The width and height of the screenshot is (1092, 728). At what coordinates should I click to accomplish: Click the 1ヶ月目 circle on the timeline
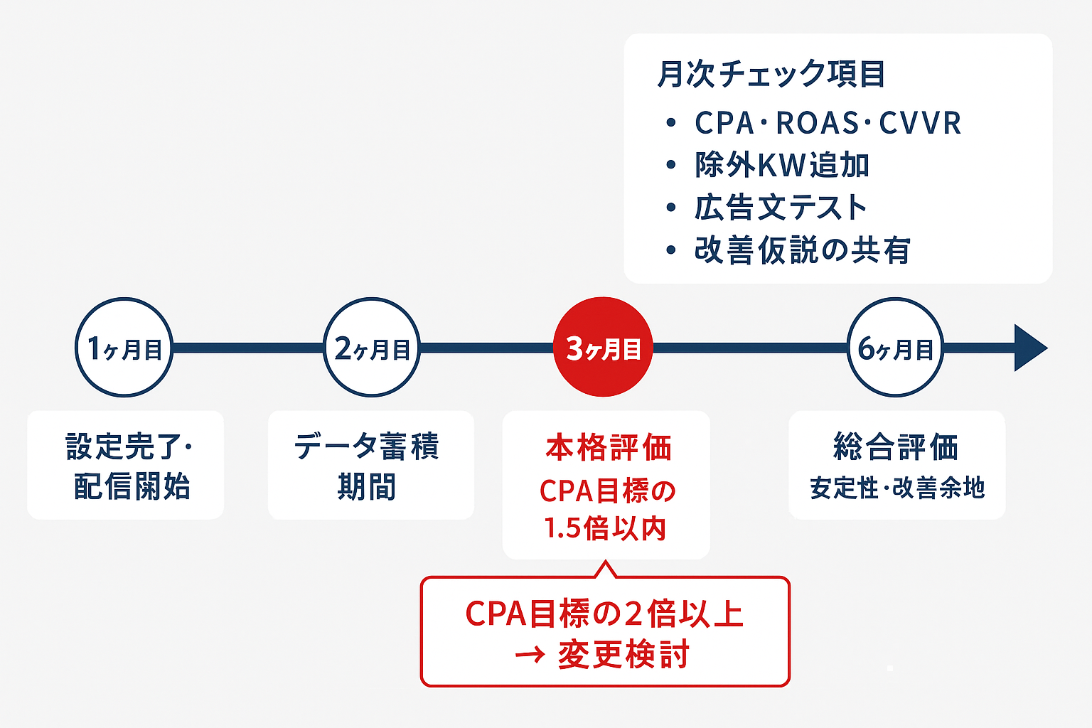pos(124,348)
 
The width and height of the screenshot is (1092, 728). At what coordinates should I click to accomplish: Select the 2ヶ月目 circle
pos(372,348)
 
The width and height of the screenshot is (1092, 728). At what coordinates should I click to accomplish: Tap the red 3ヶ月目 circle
pos(603,348)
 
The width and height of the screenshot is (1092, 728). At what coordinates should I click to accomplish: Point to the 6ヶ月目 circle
pos(896,348)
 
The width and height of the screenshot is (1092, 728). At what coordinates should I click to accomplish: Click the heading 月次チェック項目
pos(771,75)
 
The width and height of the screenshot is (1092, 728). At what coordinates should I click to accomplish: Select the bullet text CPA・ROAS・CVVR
pos(828,123)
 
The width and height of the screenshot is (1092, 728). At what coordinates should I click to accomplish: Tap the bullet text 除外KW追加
pos(782,165)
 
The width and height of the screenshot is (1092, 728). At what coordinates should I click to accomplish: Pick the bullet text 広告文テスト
pos(781,208)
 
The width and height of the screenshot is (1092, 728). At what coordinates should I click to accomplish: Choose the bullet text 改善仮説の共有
pos(802,250)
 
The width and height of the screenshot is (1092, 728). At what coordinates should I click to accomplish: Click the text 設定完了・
pos(129,446)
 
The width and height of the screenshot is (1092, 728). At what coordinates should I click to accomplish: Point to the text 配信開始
pos(132,487)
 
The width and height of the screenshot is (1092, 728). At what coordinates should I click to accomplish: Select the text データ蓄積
pos(367,446)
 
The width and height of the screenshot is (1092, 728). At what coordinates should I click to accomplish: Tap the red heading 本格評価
pos(609,448)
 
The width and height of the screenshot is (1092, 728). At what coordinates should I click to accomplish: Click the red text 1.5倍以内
pos(605,528)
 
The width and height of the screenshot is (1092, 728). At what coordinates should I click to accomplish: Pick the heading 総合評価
pos(896,447)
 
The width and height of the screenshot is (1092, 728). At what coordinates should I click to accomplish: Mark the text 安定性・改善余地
pos(897,488)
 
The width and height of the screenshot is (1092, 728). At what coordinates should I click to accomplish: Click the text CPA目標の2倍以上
pos(604,614)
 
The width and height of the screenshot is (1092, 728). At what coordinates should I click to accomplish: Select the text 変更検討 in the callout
pos(623,655)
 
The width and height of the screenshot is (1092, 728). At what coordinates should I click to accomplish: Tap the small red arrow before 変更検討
pos(530,655)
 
